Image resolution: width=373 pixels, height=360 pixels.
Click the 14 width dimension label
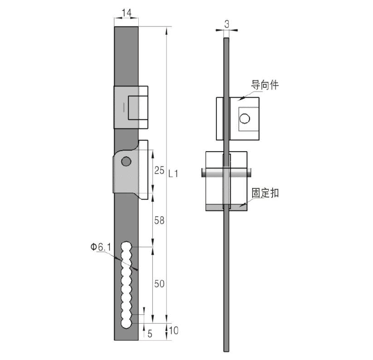(126, 13)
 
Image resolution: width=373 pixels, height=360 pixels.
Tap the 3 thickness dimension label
(227, 24)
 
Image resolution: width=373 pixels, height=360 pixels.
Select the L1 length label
(173, 174)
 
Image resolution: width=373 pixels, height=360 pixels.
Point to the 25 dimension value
(159, 170)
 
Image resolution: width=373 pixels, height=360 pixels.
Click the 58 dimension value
(159, 220)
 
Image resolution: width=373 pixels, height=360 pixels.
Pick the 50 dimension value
(159, 283)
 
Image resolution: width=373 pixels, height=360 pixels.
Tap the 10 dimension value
(174, 331)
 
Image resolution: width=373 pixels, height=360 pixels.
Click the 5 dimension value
(150, 334)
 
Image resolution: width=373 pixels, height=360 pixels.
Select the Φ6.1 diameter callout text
(100, 247)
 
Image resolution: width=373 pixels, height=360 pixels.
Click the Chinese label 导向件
(265, 85)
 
